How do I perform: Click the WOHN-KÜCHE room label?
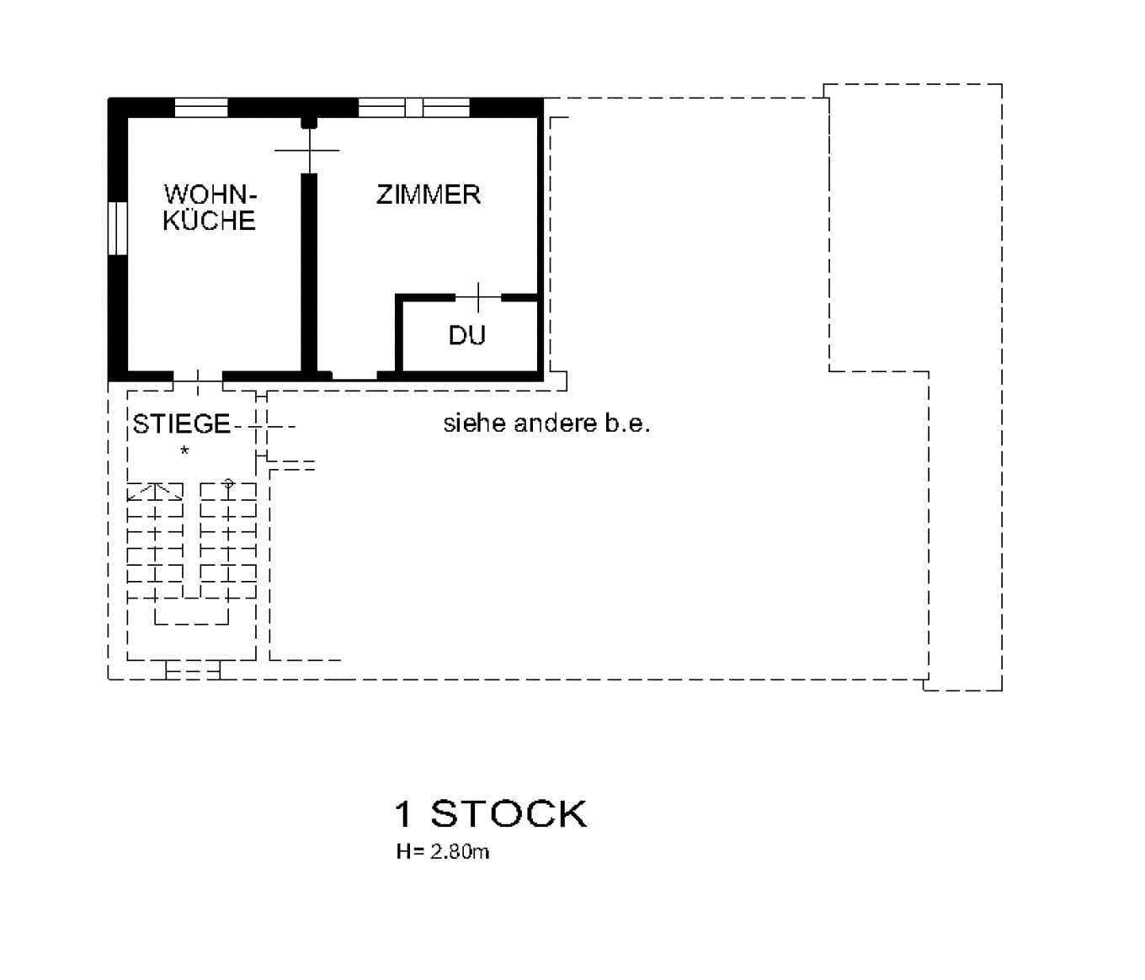click(210, 207)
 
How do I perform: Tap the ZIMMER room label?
click(428, 194)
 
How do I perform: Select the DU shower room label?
click(466, 336)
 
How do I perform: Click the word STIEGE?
click(181, 423)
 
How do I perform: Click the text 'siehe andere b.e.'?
click(546, 423)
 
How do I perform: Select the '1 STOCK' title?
click(490, 814)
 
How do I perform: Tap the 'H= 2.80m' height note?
click(443, 851)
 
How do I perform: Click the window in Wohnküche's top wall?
click(201, 107)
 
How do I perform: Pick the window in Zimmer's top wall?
click(413, 107)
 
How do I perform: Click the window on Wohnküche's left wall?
click(117, 228)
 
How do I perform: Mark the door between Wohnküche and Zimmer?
click(308, 150)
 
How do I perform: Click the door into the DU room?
click(478, 297)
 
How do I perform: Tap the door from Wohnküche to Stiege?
click(198, 376)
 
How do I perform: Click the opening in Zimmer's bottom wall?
click(354, 375)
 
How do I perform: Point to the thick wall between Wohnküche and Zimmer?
click(309, 269)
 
